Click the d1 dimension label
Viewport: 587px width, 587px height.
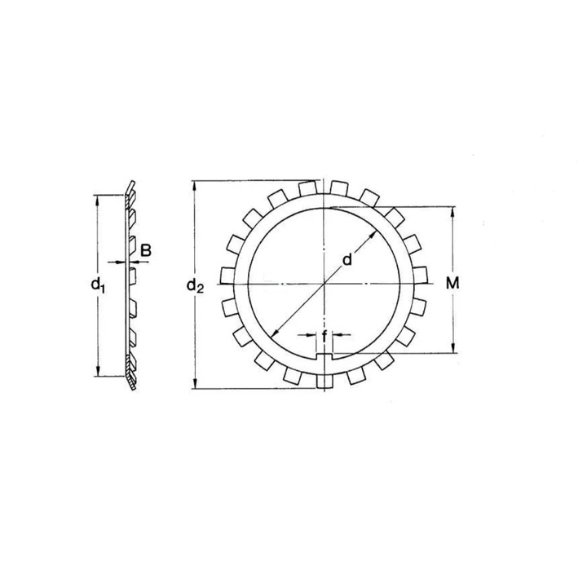(x=98, y=285)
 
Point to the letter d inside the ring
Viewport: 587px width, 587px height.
(x=346, y=260)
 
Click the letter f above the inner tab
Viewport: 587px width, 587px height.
(x=324, y=335)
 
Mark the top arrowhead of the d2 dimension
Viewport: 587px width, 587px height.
(x=195, y=184)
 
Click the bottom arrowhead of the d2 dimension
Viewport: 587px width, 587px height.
(x=195, y=385)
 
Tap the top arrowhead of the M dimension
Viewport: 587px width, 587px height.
(x=454, y=210)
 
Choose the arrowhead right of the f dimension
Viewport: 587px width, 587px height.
(x=338, y=335)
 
